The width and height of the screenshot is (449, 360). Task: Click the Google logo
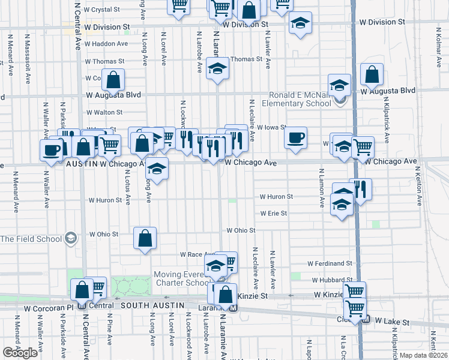(20, 353)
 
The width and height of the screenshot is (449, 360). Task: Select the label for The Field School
(31, 239)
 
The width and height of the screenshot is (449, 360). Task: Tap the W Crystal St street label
(103, 10)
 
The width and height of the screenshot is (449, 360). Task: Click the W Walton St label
(104, 112)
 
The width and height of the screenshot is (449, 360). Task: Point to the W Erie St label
(273, 213)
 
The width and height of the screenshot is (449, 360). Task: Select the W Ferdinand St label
(330, 263)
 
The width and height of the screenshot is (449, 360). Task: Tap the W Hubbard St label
(331, 280)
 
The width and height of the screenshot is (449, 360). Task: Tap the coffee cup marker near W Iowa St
(295, 137)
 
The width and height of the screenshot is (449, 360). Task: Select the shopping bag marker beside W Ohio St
(145, 238)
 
